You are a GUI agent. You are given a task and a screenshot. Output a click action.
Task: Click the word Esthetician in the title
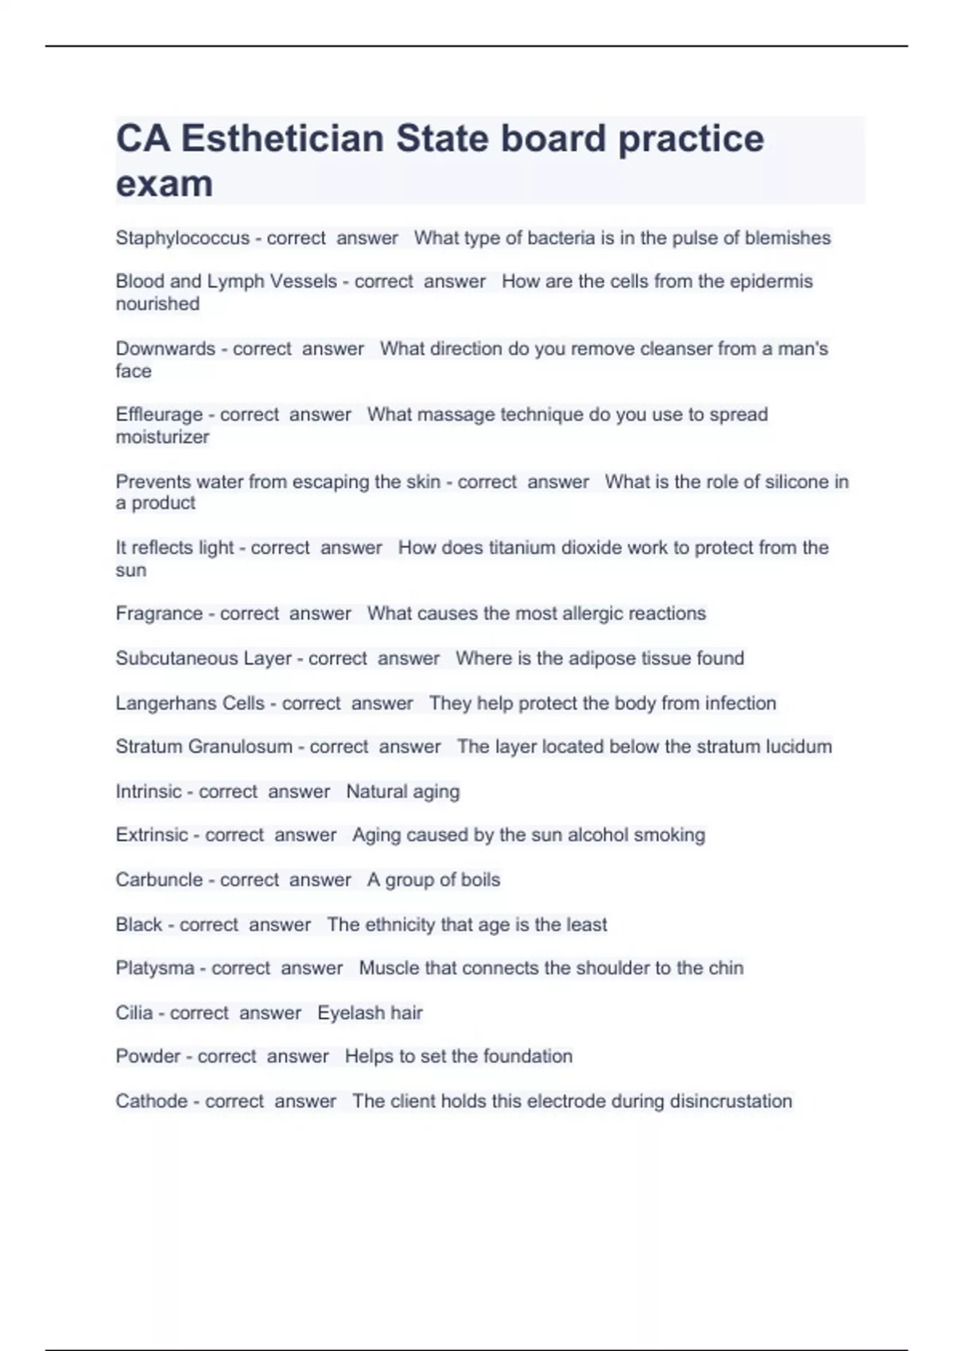282,139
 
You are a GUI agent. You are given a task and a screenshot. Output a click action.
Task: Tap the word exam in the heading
165,184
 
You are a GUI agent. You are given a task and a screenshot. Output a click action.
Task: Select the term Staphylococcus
182,238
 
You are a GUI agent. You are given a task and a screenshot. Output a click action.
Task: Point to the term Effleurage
159,414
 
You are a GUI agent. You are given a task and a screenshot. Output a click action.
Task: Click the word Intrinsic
149,792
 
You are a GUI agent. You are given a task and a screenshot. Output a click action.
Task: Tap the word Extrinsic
152,835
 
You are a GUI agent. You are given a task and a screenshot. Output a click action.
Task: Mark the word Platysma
155,968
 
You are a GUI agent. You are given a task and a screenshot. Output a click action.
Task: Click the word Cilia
134,1012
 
